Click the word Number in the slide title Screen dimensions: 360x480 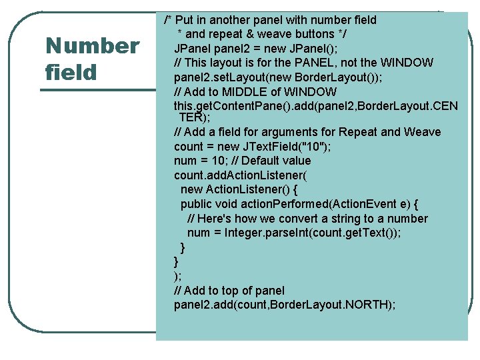(x=91, y=47)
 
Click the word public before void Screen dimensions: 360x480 (x=198, y=204)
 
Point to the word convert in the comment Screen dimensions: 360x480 (x=301, y=219)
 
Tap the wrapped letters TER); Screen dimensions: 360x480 (x=195, y=117)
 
